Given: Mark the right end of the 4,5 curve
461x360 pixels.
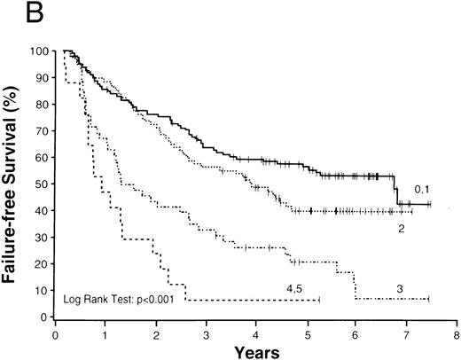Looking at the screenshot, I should pyautogui.click(x=319, y=300).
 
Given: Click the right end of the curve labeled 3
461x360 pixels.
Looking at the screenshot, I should pyautogui.click(x=428, y=299).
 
